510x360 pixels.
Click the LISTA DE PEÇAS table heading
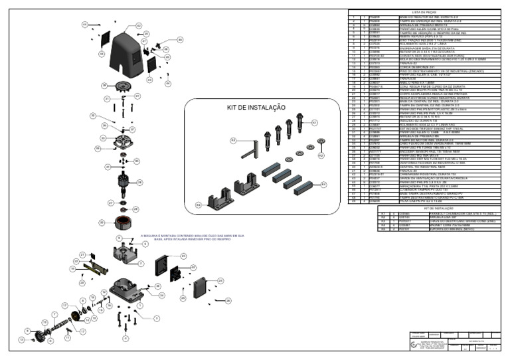click(424, 12)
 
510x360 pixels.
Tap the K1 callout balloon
click(314, 123)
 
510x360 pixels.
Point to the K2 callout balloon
click(321, 155)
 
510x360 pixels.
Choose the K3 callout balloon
click(233, 141)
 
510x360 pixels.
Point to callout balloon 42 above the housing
click(85, 24)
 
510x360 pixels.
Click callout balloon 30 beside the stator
click(102, 223)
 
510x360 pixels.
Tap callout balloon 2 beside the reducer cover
click(141, 263)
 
